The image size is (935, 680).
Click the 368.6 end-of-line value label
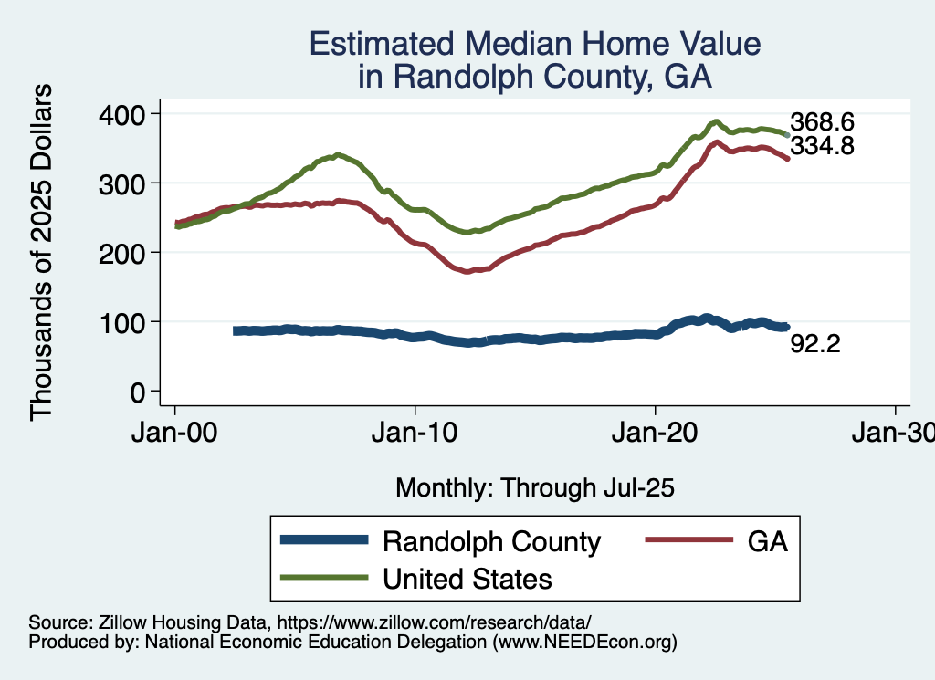tap(822, 122)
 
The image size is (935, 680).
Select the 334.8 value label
tap(822, 145)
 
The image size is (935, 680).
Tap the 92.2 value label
tap(814, 345)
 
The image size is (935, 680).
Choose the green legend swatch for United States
tap(325, 578)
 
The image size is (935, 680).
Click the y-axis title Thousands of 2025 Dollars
tap(43, 252)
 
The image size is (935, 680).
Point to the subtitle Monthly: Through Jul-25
tap(534, 488)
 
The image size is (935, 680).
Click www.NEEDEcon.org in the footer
tap(585, 643)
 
